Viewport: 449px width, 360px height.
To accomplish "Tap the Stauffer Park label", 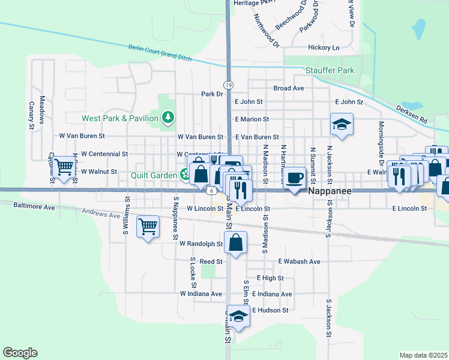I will (x=330, y=70).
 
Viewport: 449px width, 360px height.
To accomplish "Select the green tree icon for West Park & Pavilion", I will (x=169, y=117).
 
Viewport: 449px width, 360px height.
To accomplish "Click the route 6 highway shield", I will (x=212, y=191).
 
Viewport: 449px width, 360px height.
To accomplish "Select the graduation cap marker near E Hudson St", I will (x=238, y=317).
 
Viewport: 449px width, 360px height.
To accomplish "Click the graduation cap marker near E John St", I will (x=342, y=125).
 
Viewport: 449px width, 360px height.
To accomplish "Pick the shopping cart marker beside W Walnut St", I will (x=64, y=169).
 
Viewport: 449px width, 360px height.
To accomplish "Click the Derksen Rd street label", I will (x=411, y=113).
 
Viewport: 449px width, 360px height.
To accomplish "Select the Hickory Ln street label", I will (x=324, y=47).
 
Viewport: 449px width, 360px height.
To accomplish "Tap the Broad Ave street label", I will (x=288, y=88).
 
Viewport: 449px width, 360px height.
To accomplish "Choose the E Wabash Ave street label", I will (x=299, y=262).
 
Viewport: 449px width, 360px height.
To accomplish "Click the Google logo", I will (x=20, y=353).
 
